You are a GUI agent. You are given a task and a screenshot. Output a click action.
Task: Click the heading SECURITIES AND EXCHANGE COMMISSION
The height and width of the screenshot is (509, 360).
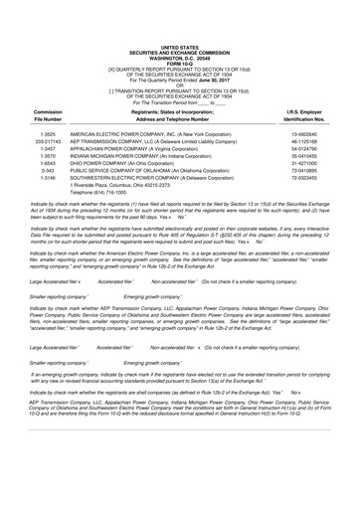(x=179, y=24)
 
